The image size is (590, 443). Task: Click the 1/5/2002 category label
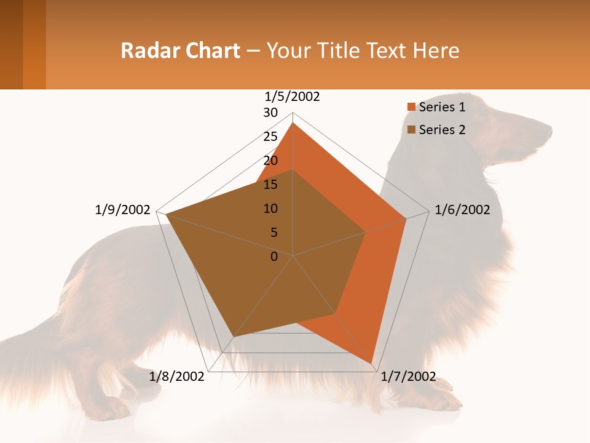click(x=293, y=97)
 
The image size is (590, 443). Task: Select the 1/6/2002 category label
click(x=462, y=210)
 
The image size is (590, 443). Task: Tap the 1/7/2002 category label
click(x=408, y=377)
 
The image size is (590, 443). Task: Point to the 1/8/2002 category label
click(x=177, y=377)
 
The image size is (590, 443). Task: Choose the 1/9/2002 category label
click(x=123, y=210)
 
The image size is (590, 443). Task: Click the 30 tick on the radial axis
click(x=270, y=113)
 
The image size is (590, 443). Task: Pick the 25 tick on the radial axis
click(x=270, y=137)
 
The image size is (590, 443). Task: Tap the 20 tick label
click(x=270, y=161)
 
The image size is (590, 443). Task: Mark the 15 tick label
click(x=270, y=185)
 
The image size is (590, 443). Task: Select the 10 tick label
click(x=270, y=209)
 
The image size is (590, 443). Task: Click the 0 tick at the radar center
click(x=274, y=257)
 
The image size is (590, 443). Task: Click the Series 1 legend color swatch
click(x=412, y=108)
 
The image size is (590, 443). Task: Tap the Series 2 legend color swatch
click(x=412, y=130)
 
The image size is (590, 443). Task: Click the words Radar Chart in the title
click(x=180, y=50)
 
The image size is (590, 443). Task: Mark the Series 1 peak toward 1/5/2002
click(x=293, y=123)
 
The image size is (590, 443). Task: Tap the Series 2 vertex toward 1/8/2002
click(x=233, y=337)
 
